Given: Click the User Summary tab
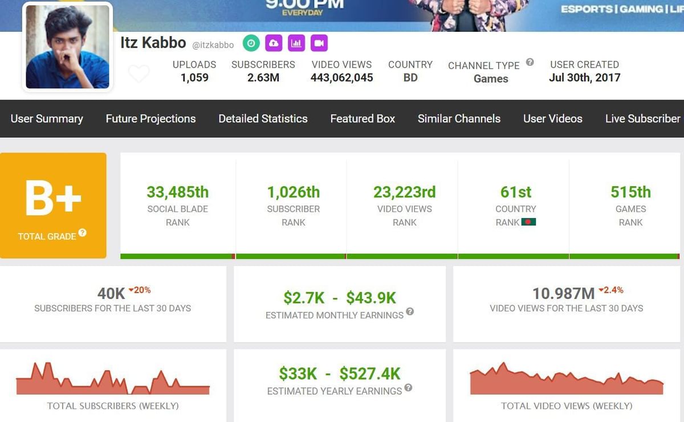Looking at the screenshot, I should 47,118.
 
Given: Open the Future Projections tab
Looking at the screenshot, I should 150,118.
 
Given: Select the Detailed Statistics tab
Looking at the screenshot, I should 263,118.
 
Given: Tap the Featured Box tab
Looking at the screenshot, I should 363,118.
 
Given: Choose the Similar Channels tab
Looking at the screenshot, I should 459,118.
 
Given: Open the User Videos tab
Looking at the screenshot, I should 552,118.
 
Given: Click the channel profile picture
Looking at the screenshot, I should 67,47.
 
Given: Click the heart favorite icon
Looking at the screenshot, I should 139,74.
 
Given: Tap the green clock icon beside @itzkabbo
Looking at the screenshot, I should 251,43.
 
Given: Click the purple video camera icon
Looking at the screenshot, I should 319,43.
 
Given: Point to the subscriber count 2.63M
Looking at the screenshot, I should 263,78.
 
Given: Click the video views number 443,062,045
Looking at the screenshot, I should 341,78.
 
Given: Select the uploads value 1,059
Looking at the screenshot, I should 194,78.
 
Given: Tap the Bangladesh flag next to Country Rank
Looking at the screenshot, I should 528,222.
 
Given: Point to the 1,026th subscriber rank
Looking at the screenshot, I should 293,192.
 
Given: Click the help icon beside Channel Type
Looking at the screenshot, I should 530,62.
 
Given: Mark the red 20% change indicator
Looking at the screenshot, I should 140,290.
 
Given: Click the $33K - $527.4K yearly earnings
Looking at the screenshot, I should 340,374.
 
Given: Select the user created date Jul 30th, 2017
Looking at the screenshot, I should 584,78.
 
